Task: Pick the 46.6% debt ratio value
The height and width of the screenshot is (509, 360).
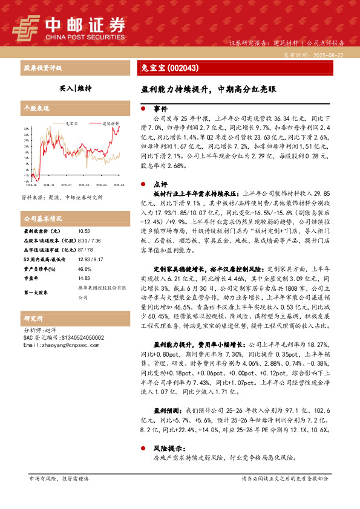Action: [x=84, y=269]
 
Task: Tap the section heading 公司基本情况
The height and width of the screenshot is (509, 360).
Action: [x=42, y=218]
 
